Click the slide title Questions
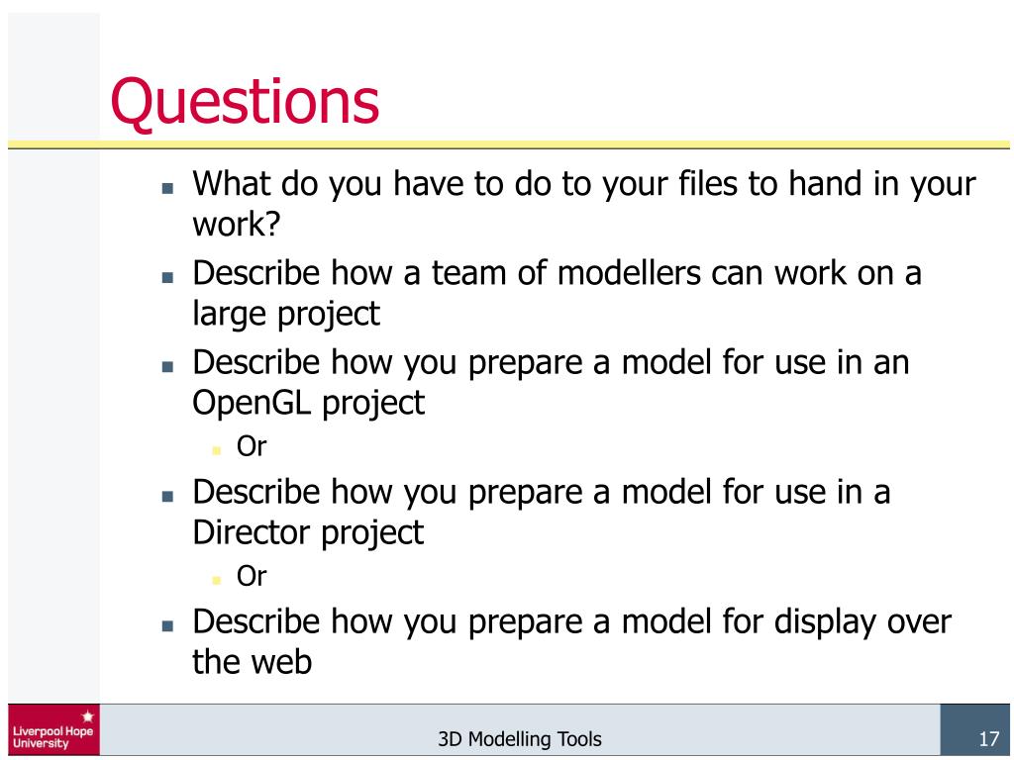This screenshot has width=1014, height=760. pyautogui.click(x=245, y=102)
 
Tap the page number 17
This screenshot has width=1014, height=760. pyautogui.click(x=986, y=738)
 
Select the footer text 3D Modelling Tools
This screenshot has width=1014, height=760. pyautogui.click(x=519, y=739)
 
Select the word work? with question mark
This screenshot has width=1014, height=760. pyautogui.click(x=237, y=225)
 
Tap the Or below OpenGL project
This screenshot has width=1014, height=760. pyautogui.click(x=252, y=446)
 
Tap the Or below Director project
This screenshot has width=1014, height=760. pyautogui.click(x=252, y=576)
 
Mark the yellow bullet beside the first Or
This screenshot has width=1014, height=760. pyautogui.click(x=217, y=449)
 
